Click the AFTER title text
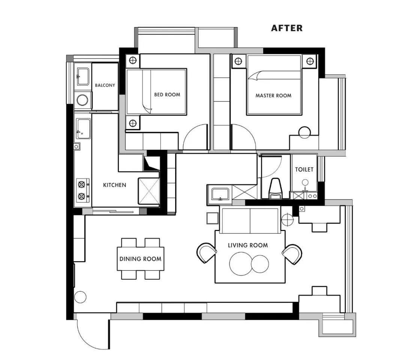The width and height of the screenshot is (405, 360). (287, 28)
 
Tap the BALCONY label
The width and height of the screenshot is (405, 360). (105, 85)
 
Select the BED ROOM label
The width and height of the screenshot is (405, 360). (167, 94)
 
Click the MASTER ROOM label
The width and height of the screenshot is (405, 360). (273, 96)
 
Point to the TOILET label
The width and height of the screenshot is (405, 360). (304, 169)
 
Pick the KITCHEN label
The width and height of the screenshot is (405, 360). (114, 185)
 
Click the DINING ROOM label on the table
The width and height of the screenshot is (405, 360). (140, 259)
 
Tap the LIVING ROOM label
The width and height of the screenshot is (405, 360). (248, 245)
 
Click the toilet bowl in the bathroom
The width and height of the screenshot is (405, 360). (276, 188)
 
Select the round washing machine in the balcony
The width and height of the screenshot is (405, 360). (82, 100)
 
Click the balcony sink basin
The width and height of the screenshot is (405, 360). (82, 76)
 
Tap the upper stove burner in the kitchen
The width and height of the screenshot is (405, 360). (82, 184)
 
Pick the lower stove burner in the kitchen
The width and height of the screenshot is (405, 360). (82, 196)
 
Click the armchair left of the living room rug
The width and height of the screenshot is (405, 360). (207, 253)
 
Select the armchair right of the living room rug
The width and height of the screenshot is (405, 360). (292, 254)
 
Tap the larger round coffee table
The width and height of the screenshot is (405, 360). (241, 264)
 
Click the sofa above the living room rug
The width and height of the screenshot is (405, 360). (250, 220)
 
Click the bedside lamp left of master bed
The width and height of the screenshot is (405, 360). (238, 61)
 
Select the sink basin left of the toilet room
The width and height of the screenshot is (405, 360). (220, 194)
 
